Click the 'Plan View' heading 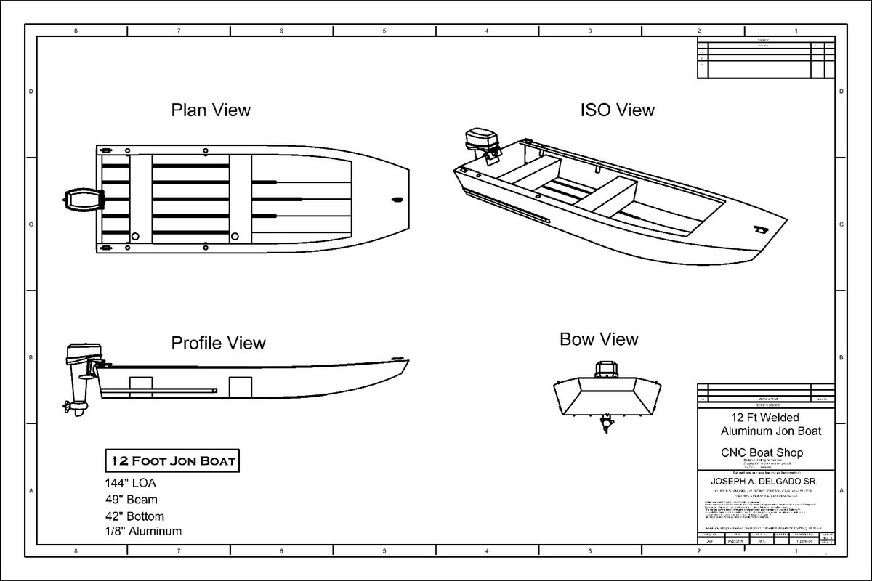(x=211, y=110)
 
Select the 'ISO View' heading (x=617, y=110)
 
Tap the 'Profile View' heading (x=218, y=342)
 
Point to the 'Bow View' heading (x=599, y=339)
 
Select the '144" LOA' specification (x=130, y=483)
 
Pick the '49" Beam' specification (x=131, y=500)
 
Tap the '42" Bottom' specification (x=134, y=516)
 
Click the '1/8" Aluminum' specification (x=143, y=532)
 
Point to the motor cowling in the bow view (x=605, y=370)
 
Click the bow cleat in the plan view (x=397, y=198)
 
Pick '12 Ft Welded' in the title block (x=765, y=418)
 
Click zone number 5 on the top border (x=384, y=31)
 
